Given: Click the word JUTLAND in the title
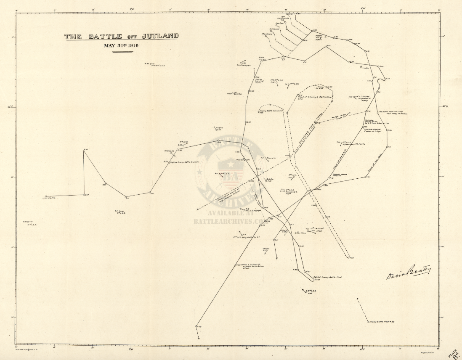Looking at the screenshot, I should tap(160, 36).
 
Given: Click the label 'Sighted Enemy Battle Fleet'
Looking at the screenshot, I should tap(327, 277).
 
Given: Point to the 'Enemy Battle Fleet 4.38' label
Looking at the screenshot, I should tap(381, 322).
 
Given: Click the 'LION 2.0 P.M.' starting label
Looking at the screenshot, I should tap(53, 197).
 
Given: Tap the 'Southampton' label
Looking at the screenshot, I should tap(244, 65).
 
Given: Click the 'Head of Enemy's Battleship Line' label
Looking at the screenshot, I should tap(315, 98).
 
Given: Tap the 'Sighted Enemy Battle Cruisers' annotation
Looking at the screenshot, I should tap(184, 161).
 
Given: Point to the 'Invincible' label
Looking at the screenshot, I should tap(364, 68).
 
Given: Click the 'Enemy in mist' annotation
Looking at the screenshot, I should tap(320, 88).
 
